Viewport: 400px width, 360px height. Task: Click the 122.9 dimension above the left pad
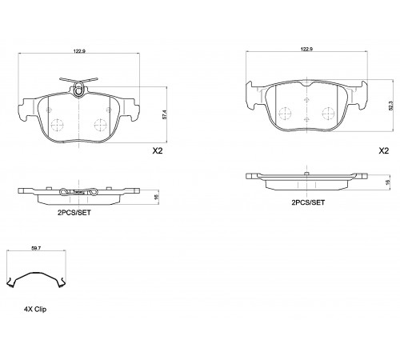coord(79,51)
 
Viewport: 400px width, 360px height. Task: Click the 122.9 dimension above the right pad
coord(306,49)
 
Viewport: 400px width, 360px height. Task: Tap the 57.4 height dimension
coord(164,114)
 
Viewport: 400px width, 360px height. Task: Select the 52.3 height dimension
coord(391,106)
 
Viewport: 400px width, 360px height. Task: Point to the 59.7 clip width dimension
coord(36,248)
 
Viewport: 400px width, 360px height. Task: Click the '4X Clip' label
coord(35,309)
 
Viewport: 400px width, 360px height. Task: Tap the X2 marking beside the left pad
coord(158,151)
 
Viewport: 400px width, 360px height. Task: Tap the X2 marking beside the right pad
coord(384,151)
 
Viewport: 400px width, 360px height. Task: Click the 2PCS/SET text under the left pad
coord(74,213)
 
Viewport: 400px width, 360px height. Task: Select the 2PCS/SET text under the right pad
coord(308,202)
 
